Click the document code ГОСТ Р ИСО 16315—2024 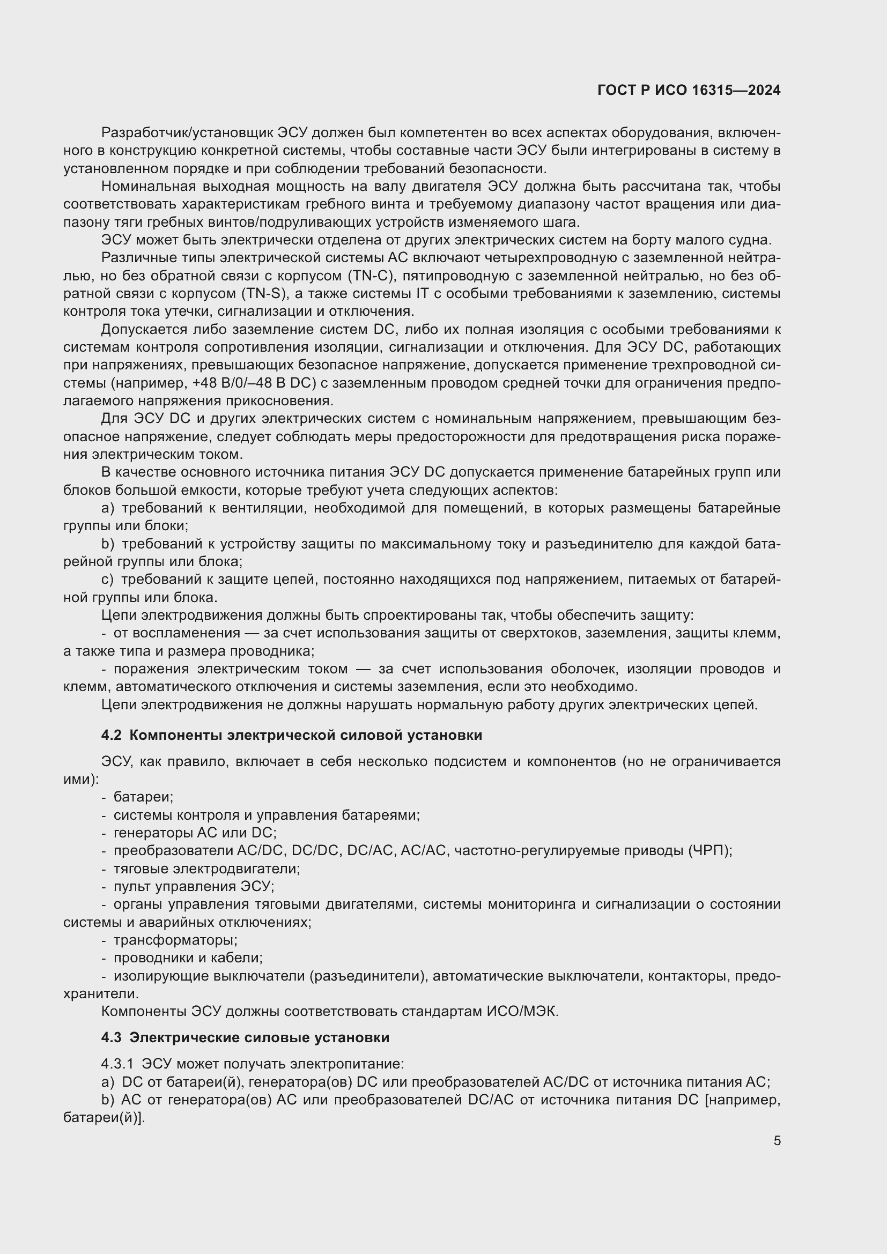(x=689, y=90)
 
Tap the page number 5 (x=777, y=1141)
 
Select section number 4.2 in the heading (x=111, y=735)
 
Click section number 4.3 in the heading (x=111, y=1037)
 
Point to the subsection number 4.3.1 (x=117, y=1064)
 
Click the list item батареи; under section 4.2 (x=143, y=797)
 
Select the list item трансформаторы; (x=175, y=940)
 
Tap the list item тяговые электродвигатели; (x=206, y=869)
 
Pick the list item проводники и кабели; (x=188, y=958)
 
